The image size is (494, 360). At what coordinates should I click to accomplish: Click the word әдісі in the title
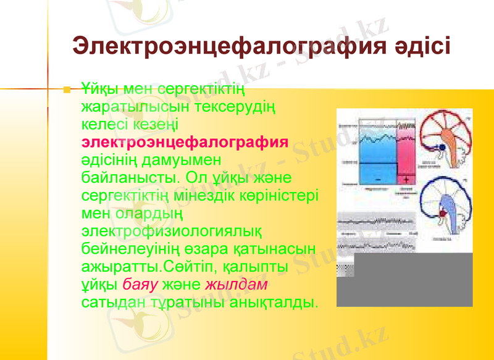[421, 46]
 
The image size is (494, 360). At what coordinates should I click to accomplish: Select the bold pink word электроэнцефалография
[185, 143]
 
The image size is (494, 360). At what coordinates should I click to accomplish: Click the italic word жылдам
[236, 285]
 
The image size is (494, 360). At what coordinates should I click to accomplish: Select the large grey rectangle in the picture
[412, 280]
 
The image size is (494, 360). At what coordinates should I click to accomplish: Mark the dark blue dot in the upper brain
[442, 148]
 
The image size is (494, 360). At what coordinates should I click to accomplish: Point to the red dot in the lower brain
[442, 213]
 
